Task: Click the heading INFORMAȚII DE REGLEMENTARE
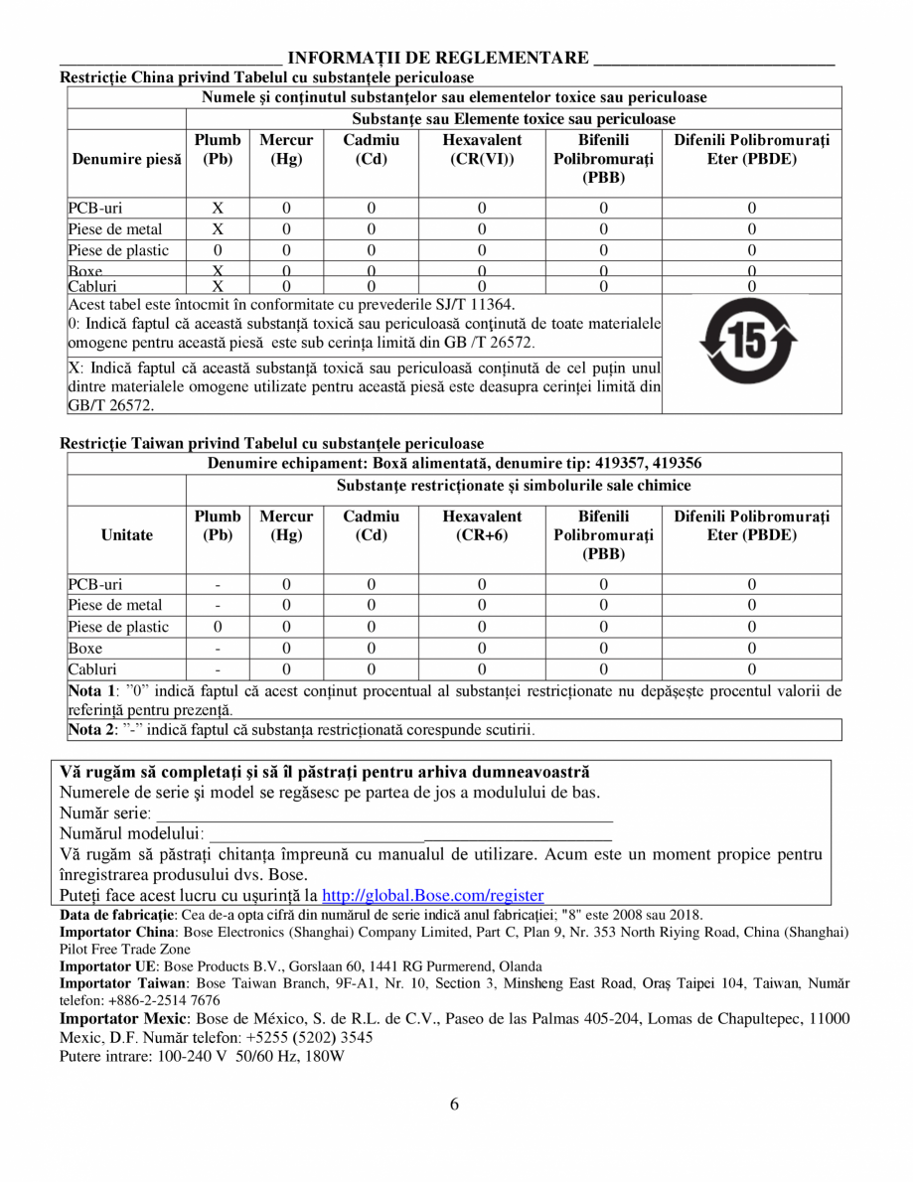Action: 438,59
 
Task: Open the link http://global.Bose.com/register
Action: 433,895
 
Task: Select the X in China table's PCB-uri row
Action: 217,209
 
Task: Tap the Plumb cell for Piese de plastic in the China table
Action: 217,250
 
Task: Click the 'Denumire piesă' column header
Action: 125,159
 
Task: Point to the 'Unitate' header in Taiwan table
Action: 126,534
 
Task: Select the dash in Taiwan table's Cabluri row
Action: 217,669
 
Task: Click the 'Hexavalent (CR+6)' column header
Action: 482,525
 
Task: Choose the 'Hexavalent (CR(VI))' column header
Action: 482,150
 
